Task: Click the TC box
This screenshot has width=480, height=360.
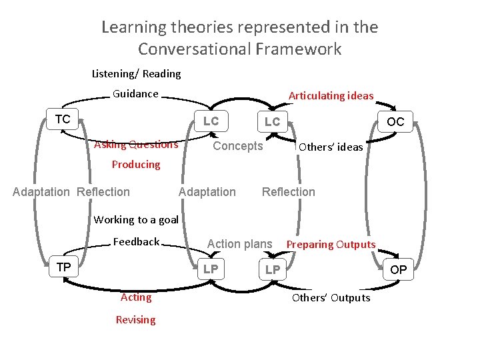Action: (63, 119)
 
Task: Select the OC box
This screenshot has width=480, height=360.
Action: (395, 122)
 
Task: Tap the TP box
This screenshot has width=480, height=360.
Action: (64, 267)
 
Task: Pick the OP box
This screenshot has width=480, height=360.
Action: (399, 270)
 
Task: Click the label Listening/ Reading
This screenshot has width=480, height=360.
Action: (136, 73)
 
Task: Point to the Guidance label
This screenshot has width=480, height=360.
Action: (135, 94)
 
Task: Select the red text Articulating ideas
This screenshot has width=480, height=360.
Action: (331, 96)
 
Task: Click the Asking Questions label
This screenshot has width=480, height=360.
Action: (136, 145)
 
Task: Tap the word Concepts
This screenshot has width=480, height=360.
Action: (237, 146)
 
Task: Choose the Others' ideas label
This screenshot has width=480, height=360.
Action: (331, 147)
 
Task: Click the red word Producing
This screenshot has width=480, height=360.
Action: (136, 165)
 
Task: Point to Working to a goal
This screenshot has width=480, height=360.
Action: (136, 219)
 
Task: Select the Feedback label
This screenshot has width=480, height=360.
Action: (136, 241)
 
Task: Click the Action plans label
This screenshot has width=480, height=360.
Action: (240, 244)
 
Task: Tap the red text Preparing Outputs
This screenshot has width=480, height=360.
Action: (331, 245)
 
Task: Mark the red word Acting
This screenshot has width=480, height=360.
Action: (136, 297)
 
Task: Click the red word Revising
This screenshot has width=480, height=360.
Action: (135, 320)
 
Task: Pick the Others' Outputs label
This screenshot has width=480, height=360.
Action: (331, 298)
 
